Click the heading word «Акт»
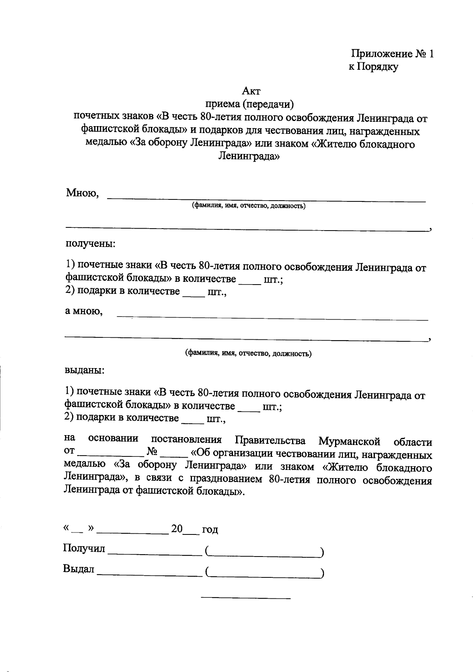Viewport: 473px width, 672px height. point(251,91)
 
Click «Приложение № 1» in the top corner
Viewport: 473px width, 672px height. point(392,54)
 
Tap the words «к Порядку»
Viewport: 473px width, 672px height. point(373,67)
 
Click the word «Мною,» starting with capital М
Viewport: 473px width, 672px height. point(82,194)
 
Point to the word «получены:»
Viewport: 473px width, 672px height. point(90,243)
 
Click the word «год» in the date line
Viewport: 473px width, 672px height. point(210,530)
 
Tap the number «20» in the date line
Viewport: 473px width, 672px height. point(177,529)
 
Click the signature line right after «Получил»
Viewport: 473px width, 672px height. point(155,554)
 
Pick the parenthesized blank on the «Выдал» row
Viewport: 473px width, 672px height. point(264,575)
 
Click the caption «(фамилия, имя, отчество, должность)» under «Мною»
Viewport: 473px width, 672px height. point(248,206)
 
